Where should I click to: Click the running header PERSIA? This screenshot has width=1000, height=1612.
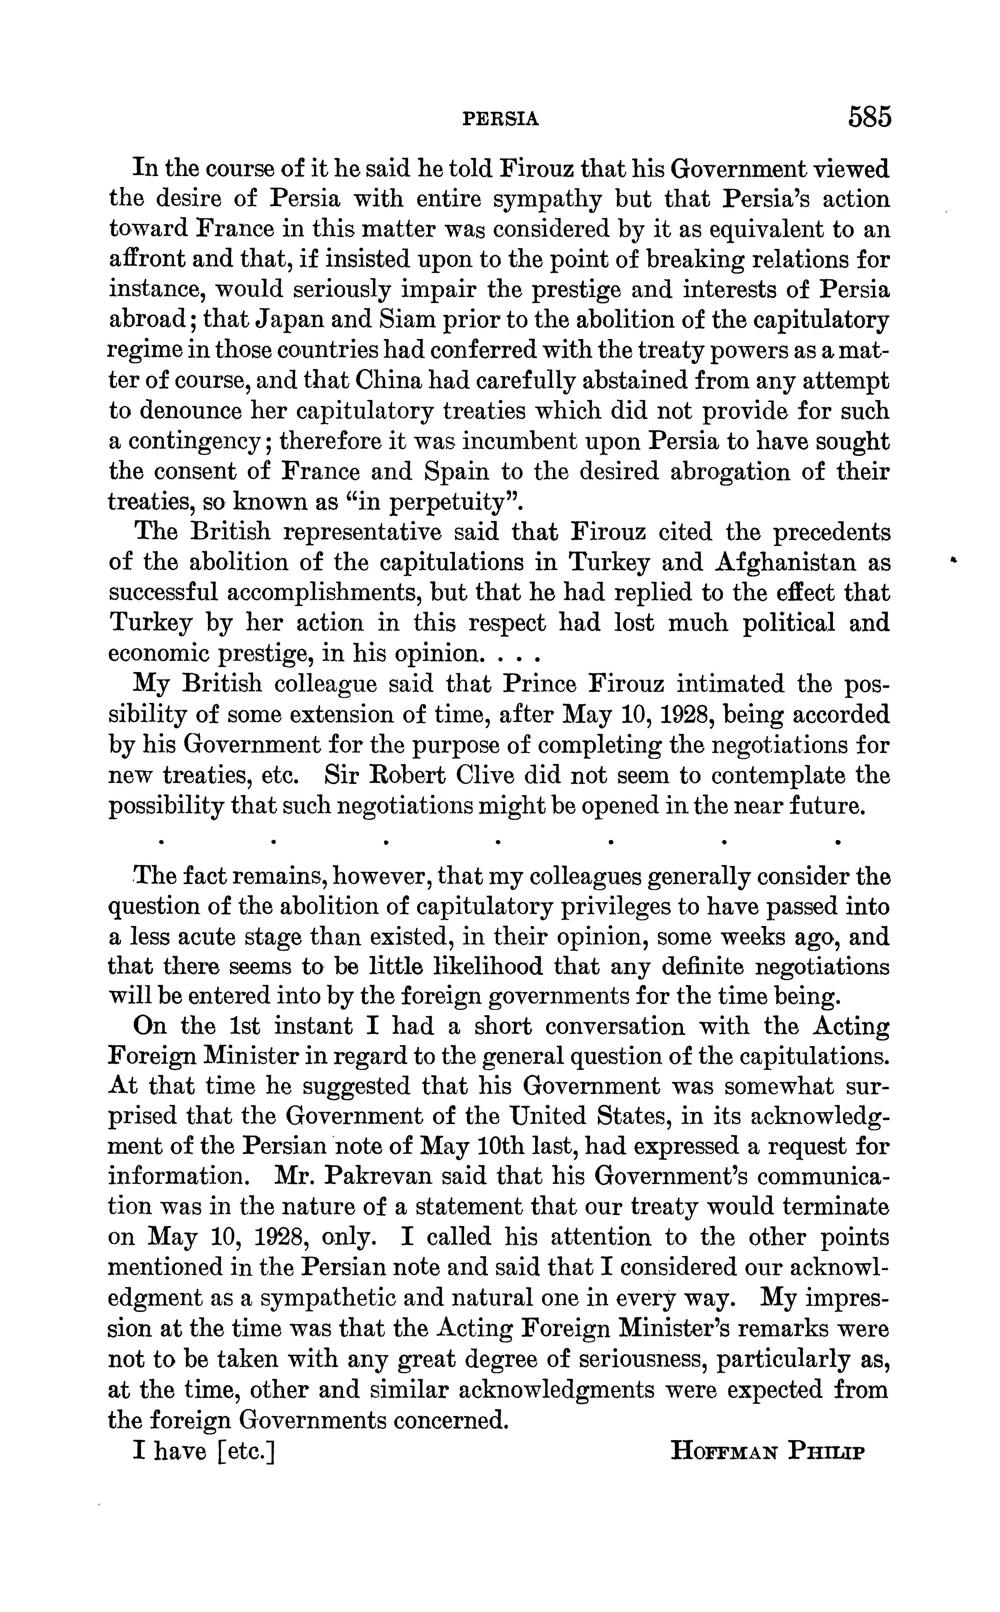click(x=501, y=119)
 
